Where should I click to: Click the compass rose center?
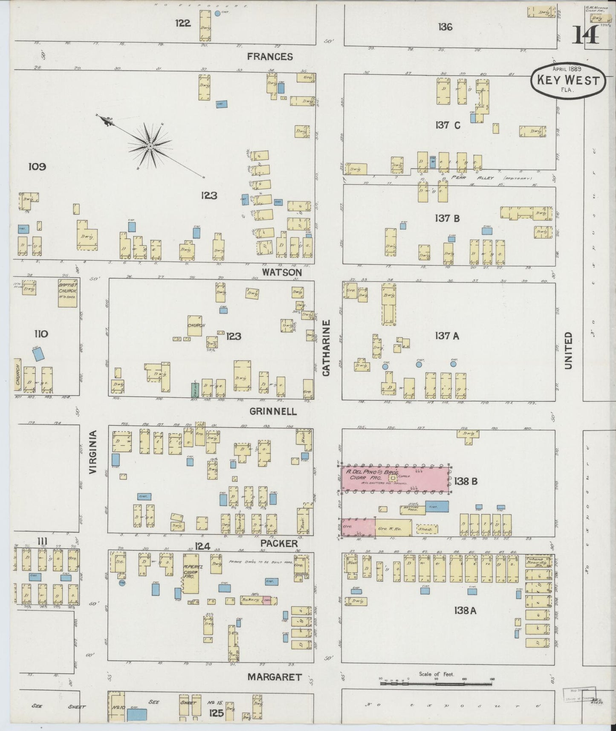tap(150, 146)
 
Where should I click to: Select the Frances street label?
tap(270, 56)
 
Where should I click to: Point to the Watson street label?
tap(282, 272)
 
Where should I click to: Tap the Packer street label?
tap(279, 543)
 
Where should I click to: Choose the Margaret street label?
tap(275, 677)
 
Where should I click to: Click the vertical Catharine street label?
tap(327, 348)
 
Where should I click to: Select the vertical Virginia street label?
tap(93, 452)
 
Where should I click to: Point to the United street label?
tap(568, 351)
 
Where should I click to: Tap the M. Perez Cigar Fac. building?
tap(190, 574)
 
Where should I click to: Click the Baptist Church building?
tap(67, 293)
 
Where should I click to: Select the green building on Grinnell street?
tap(194, 390)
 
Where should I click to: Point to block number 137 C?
tap(448, 125)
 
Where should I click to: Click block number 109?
tap(37, 167)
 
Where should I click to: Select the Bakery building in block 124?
tap(251, 600)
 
